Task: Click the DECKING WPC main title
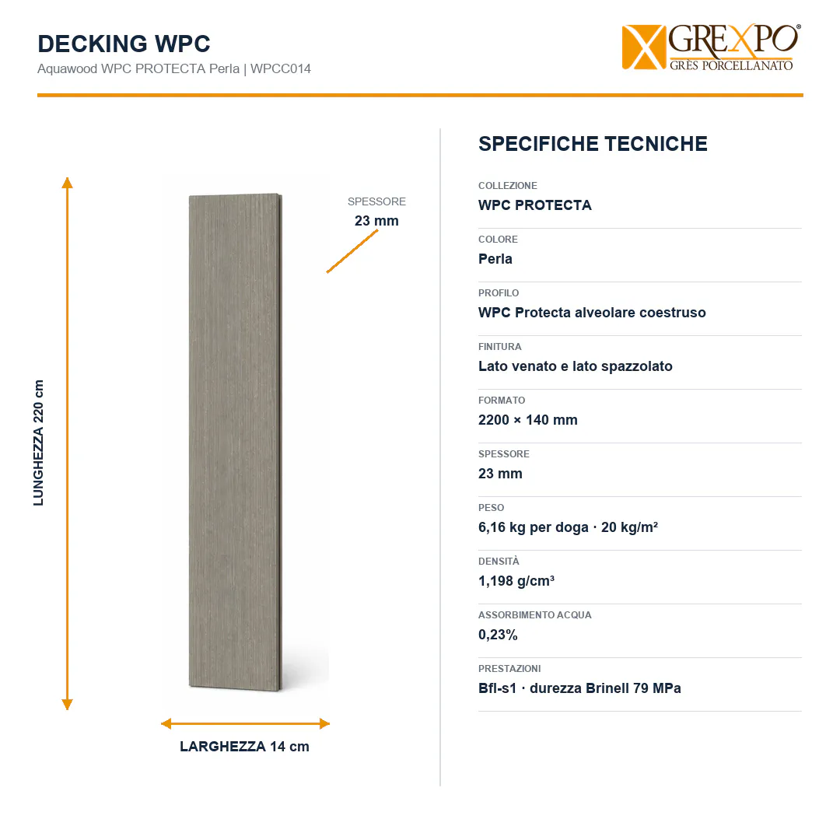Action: (x=124, y=44)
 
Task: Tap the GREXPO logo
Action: (x=712, y=47)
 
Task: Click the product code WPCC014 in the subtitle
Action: (x=281, y=69)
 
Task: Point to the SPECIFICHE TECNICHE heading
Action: (x=593, y=144)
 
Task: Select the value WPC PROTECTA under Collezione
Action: (x=535, y=205)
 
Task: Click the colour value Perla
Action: (x=495, y=259)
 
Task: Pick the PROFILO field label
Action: (x=499, y=293)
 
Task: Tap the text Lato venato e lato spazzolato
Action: (x=576, y=366)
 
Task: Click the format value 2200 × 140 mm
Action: (x=528, y=420)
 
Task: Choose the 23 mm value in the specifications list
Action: (x=500, y=474)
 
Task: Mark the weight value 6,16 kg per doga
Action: (x=534, y=527)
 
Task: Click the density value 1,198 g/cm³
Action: (x=516, y=581)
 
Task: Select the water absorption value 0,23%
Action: (x=499, y=635)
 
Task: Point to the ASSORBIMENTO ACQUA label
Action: (x=535, y=615)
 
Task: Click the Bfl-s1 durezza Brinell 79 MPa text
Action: (x=579, y=688)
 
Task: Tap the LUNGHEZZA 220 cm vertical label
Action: (x=39, y=443)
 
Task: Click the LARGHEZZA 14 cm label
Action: (x=245, y=747)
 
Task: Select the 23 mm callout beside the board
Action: (x=376, y=221)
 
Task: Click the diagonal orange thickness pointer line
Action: (x=352, y=251)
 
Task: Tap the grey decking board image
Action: (x=236, y=443)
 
